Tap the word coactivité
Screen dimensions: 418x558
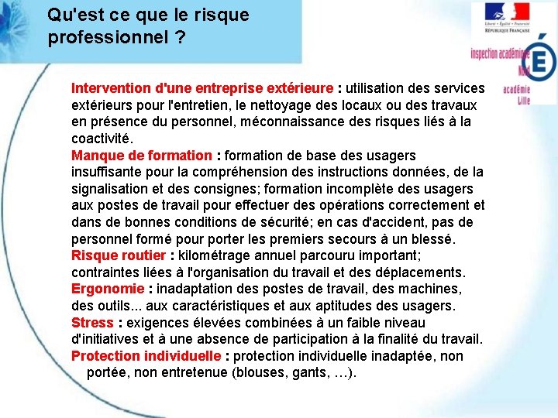coord(102,139)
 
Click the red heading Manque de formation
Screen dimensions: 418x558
coord(141,156)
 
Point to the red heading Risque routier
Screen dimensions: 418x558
coord(119,255)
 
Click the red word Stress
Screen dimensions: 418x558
coord(92,322)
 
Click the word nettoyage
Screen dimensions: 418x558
coord(284,104)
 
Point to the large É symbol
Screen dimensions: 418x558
coord(541,61)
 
